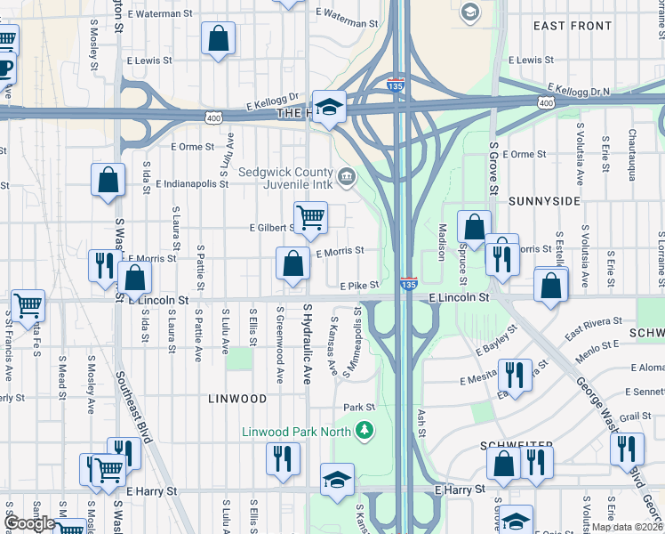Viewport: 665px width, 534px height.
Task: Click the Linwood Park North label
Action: click(x=298, y=432)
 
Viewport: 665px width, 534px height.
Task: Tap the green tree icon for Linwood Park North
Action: click(x=364, y=432)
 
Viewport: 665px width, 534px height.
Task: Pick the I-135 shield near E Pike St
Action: click(x=408, y=284)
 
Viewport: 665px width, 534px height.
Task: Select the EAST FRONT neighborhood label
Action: click(x=573, y=27)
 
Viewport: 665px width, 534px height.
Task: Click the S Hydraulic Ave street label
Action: click(x=308, y=344)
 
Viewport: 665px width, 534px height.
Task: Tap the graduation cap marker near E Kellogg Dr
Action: click(x=329, y=109)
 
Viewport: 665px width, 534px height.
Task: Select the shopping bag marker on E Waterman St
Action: click(x=217, y=39)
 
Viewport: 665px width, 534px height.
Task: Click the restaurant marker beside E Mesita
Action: click(x=515, y=375)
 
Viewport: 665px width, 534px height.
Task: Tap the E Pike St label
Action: click(x=360, y=285)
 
